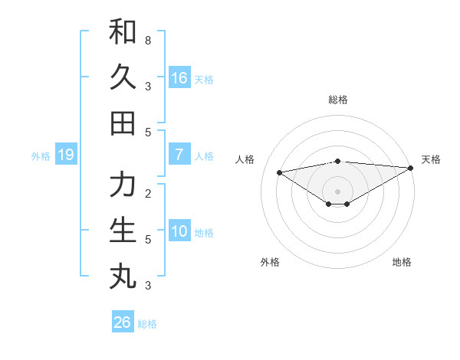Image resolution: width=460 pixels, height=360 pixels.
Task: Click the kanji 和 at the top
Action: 123,32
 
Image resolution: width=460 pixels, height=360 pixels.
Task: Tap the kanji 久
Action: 123,77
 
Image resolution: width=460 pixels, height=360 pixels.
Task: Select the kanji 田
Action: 123,123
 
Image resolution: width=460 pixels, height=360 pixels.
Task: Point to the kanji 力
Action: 123,185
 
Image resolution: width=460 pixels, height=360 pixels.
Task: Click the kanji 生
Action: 123,230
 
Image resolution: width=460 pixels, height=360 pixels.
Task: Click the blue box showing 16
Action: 179,78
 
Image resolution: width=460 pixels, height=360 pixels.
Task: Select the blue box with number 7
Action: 179,155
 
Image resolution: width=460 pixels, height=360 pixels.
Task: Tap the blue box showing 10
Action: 179,231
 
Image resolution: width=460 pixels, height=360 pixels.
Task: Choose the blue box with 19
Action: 65,155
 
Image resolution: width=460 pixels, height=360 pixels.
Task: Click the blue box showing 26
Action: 122,322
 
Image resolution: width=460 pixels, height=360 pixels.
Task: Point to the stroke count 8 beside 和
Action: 147,40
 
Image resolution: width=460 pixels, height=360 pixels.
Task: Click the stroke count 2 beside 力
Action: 147,192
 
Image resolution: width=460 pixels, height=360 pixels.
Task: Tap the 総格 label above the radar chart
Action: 337,100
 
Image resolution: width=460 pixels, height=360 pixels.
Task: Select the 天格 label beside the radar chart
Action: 431,159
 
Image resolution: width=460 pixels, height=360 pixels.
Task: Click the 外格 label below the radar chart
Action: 270,262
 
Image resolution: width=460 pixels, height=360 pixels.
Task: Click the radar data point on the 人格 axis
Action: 279,172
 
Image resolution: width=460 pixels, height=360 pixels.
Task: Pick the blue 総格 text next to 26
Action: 147,324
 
